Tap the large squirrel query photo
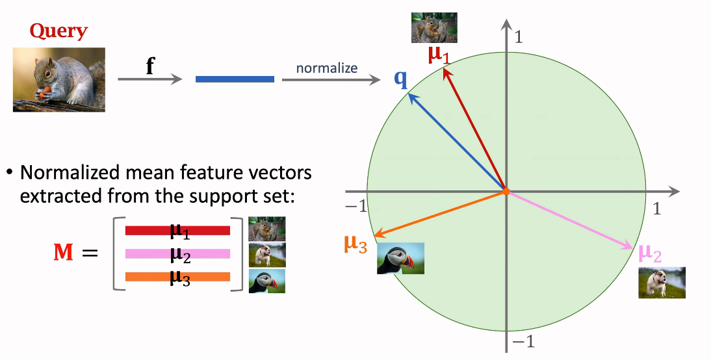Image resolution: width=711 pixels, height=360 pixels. (59, 80)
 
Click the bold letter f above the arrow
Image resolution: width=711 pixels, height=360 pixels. (150, 66)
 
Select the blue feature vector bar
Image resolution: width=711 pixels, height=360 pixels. (235, 79)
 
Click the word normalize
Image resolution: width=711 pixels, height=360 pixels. (326, 68)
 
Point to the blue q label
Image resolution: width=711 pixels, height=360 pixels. (401, 79)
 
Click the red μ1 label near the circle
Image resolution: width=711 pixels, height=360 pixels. (439, 55)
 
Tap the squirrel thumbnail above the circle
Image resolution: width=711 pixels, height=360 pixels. (434, 28)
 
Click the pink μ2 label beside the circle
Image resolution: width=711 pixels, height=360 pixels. (650, 253)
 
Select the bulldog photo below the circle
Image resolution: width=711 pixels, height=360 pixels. (662, 283)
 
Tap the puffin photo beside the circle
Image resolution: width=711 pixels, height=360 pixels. (400, 259)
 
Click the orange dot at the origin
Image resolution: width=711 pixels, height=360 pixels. (506, 192)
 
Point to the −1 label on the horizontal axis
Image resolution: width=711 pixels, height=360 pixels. (356, 207)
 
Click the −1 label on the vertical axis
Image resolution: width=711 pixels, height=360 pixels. (523, 341)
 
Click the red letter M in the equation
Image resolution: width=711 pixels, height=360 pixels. (64, 252)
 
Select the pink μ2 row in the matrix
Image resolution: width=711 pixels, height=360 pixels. (178, 254)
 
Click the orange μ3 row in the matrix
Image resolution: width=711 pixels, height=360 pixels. (178, 277)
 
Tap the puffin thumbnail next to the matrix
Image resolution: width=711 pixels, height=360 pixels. (267, 281)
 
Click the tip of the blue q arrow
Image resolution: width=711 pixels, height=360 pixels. (409, 94)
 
